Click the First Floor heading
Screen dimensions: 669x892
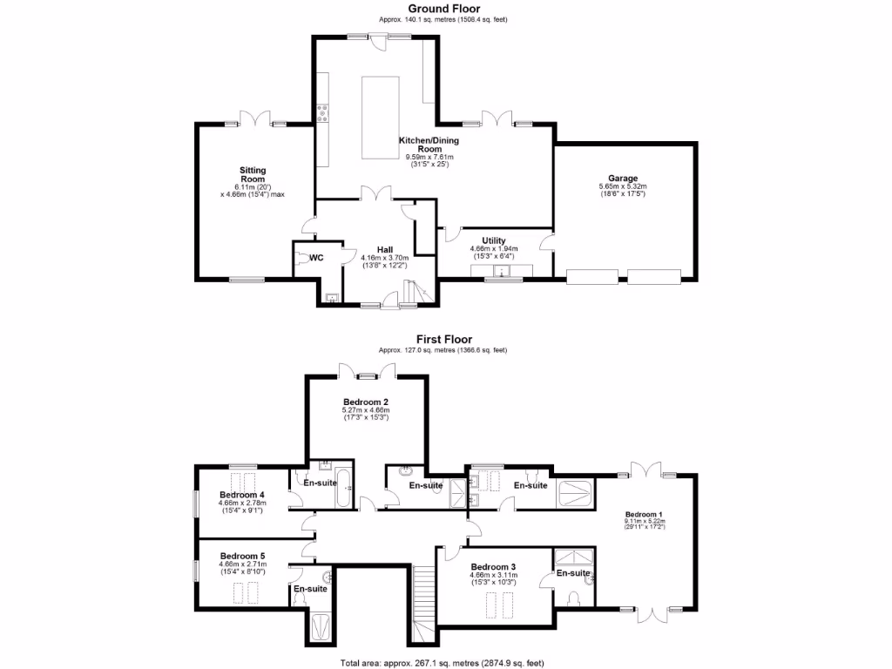tap(443, 340)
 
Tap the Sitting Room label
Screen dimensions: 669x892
tap(253, 175)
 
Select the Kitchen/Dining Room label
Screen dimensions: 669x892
tap(429, 145)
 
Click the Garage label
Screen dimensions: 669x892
tap(623, 178)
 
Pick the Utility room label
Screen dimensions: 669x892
tap(493, 240)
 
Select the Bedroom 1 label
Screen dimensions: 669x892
tap(644, 514)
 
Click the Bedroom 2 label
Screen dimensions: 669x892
tap(366, 402)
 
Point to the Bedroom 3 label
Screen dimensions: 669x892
tap(493, 566)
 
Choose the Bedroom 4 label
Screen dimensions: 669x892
tap(243, 495)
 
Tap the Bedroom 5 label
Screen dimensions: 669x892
tap(242, 556)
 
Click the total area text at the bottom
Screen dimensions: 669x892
tap(443, 662)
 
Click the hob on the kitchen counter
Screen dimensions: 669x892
tap(321, 111)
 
